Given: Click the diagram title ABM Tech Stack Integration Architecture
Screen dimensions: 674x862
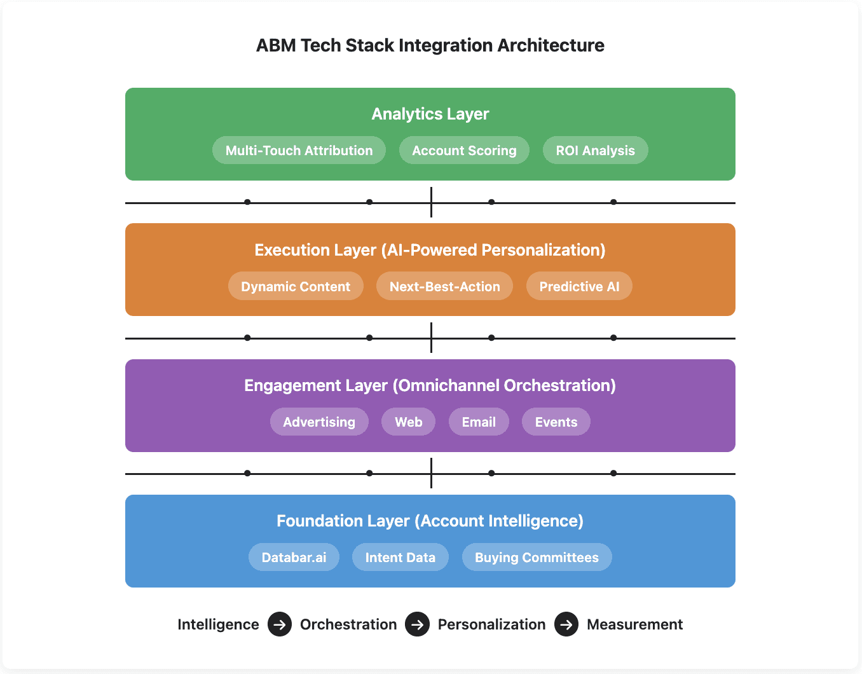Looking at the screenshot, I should tap(430, 46).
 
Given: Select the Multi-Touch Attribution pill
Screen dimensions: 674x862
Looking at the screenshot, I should tap(299, 151).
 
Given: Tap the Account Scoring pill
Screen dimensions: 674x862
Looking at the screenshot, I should tap(464, 151).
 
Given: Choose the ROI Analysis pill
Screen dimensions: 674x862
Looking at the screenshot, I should tap(595, 151).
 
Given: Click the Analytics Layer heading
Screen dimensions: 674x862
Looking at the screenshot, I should tap(430, 114).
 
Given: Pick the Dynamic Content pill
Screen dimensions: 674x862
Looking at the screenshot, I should tap(296, 287).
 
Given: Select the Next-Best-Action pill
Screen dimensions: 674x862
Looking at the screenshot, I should tap(444, 287).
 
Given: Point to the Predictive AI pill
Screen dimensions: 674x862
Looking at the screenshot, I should tap(579, 287).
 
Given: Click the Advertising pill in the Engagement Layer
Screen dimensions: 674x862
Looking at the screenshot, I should tap(319, 422).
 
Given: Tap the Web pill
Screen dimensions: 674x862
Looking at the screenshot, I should tap(408, 422).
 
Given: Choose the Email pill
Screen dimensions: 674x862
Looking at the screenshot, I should tap(479, 422).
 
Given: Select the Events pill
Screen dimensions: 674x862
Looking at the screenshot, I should tap(556, 422).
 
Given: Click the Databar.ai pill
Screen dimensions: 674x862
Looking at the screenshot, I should tap(294, 558).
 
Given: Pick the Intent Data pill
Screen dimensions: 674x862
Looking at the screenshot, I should tap(400, 558).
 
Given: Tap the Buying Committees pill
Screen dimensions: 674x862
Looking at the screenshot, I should tap(537, 558).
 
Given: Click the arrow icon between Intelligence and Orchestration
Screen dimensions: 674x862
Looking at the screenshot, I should tap(280, 624).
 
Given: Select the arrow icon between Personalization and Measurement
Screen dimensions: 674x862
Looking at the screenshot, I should tap(566, 624).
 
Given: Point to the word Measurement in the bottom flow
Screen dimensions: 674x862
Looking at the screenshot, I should tap(634, 624).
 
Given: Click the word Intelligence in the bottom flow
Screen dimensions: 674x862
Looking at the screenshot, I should tap(218, 624).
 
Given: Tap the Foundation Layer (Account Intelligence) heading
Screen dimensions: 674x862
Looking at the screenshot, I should tap(430, 521).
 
